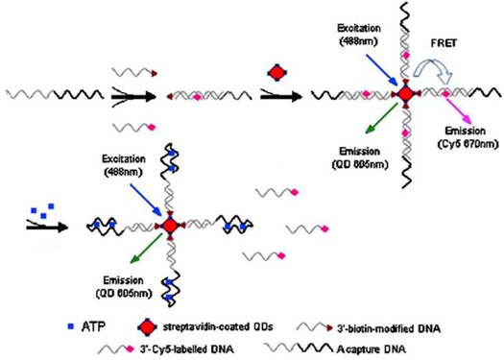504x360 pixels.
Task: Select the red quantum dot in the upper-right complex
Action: tap(405, 94)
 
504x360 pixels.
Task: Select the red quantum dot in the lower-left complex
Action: tap(170, 225)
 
